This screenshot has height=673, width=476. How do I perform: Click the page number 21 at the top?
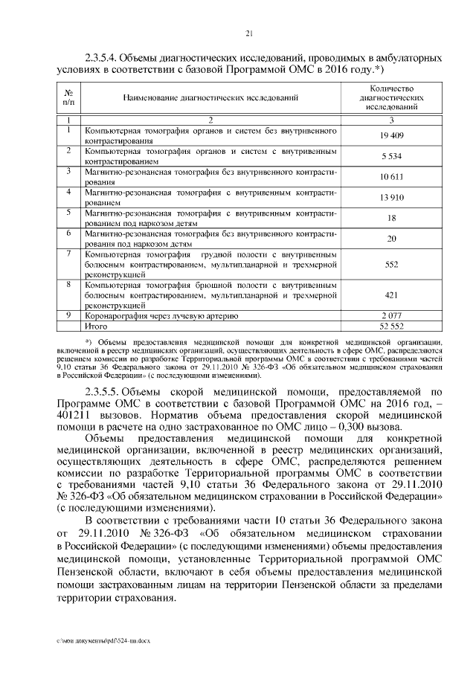[x=249, y=32]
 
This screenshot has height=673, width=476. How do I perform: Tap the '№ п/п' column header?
[x=68, y=97]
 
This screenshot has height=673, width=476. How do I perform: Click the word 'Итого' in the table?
[x=97, y=326]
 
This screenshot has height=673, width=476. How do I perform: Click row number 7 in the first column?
[x=68, y=254]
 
